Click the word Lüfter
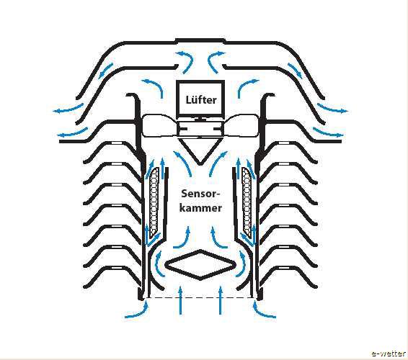tap(201, 100)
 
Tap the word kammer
tap(200, 208)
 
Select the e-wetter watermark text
tap(389, 354)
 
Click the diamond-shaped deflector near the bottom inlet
tap(200, 265)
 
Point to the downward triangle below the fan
tap(200, 151)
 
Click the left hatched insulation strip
tap(154, 203)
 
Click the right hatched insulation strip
tap(247, 203)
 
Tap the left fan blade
tap(159, 126)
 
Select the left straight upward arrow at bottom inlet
tap(180, 300)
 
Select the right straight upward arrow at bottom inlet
tap(221, 300)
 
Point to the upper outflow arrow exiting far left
tap(68, 109)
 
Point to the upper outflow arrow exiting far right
tap(332, 109)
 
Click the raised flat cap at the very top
tap(200, 40)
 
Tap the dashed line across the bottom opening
tap(200, 297)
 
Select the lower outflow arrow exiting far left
tap(73, 133)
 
